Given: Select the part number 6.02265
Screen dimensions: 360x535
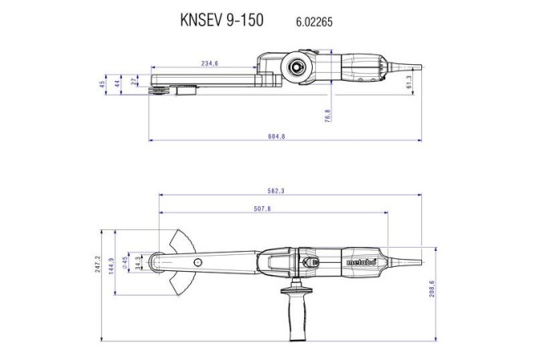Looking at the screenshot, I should [308, 18].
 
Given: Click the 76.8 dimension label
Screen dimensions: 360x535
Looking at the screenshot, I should [328, 115].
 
